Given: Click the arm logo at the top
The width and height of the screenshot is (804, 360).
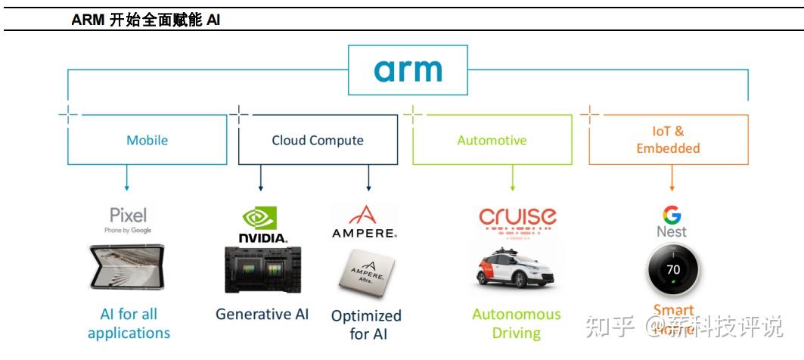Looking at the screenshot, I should pos(408,70).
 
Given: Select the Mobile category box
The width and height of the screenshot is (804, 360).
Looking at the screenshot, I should pos(147,140).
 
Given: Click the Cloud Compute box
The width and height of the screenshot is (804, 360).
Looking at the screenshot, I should pos(318,140).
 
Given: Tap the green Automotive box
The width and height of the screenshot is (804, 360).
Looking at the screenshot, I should pos(492,140).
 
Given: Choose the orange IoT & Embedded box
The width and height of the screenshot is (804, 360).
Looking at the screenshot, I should pos(668,140).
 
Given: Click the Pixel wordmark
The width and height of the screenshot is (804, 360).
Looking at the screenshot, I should pos(129,215).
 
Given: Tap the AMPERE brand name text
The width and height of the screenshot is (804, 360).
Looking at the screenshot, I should pos(365,233).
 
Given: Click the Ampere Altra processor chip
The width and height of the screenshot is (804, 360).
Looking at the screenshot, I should pos(366,273).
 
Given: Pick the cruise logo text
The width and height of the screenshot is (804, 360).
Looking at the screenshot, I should pos(517,218).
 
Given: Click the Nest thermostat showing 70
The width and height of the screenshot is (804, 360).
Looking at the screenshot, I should pos(672,270).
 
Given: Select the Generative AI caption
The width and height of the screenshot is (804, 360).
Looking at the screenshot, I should pos(262,314).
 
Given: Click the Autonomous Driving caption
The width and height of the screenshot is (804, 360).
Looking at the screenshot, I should pos(517,323).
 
